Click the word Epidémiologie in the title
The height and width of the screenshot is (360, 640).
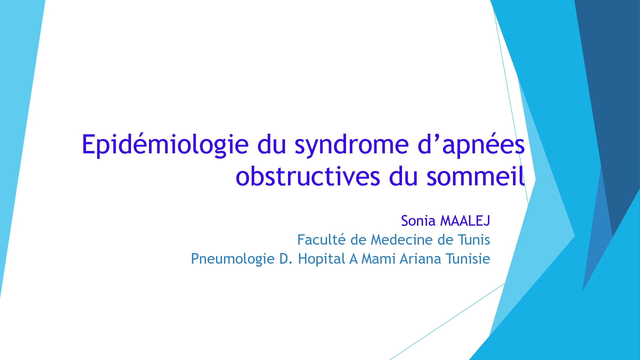(x=165, y=145)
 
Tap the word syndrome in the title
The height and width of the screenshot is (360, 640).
(x=351, y=145)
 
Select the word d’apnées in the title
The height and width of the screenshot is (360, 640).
(x=471, y=145)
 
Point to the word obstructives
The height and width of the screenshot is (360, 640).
(x=308, y=176)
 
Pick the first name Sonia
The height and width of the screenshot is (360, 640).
(x=418, y=221)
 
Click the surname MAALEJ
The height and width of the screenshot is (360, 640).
(x=465, y=221)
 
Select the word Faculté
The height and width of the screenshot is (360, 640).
(x=321, y=240)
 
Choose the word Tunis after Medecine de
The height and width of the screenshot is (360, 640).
(x=474, y=240)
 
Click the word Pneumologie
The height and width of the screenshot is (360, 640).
(x=232, y=259)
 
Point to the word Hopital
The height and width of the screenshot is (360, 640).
(x=321, y=259)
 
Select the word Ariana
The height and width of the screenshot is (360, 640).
(x=421, y=259)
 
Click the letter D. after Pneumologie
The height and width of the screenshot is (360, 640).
(x=286, y=259)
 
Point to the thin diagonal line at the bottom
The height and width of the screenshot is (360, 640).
(x=447, y=322)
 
